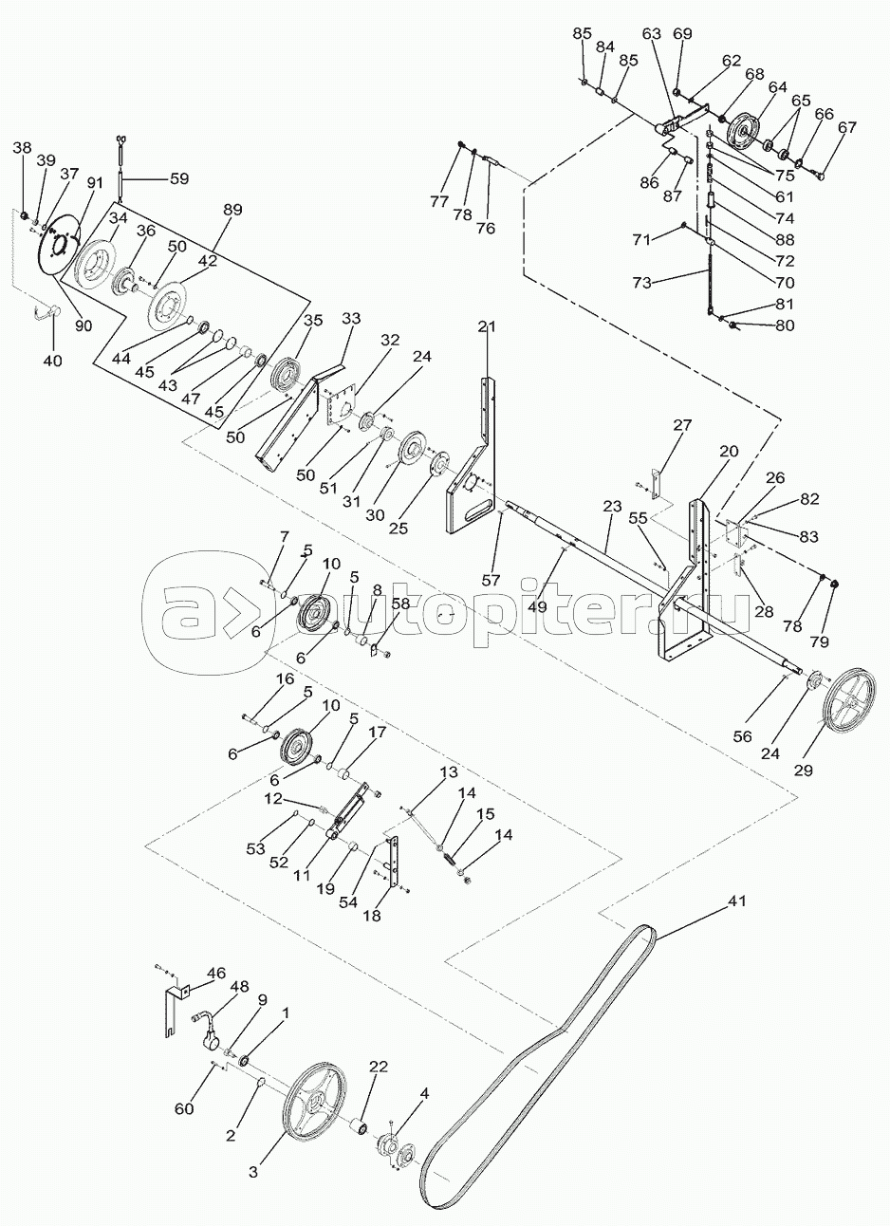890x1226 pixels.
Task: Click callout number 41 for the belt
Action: click(736, 901)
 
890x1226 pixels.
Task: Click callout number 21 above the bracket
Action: click(487, 327)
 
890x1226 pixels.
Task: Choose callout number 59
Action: click(179, 177)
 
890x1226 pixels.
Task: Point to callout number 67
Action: click(846, 128)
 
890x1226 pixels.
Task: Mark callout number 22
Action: click(379, 1068)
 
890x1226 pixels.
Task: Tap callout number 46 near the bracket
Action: click(216, 973)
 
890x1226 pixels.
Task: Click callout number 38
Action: click(22, 147)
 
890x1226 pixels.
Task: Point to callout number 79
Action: click(819, 641)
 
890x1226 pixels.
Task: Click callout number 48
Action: click(240, 986)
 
